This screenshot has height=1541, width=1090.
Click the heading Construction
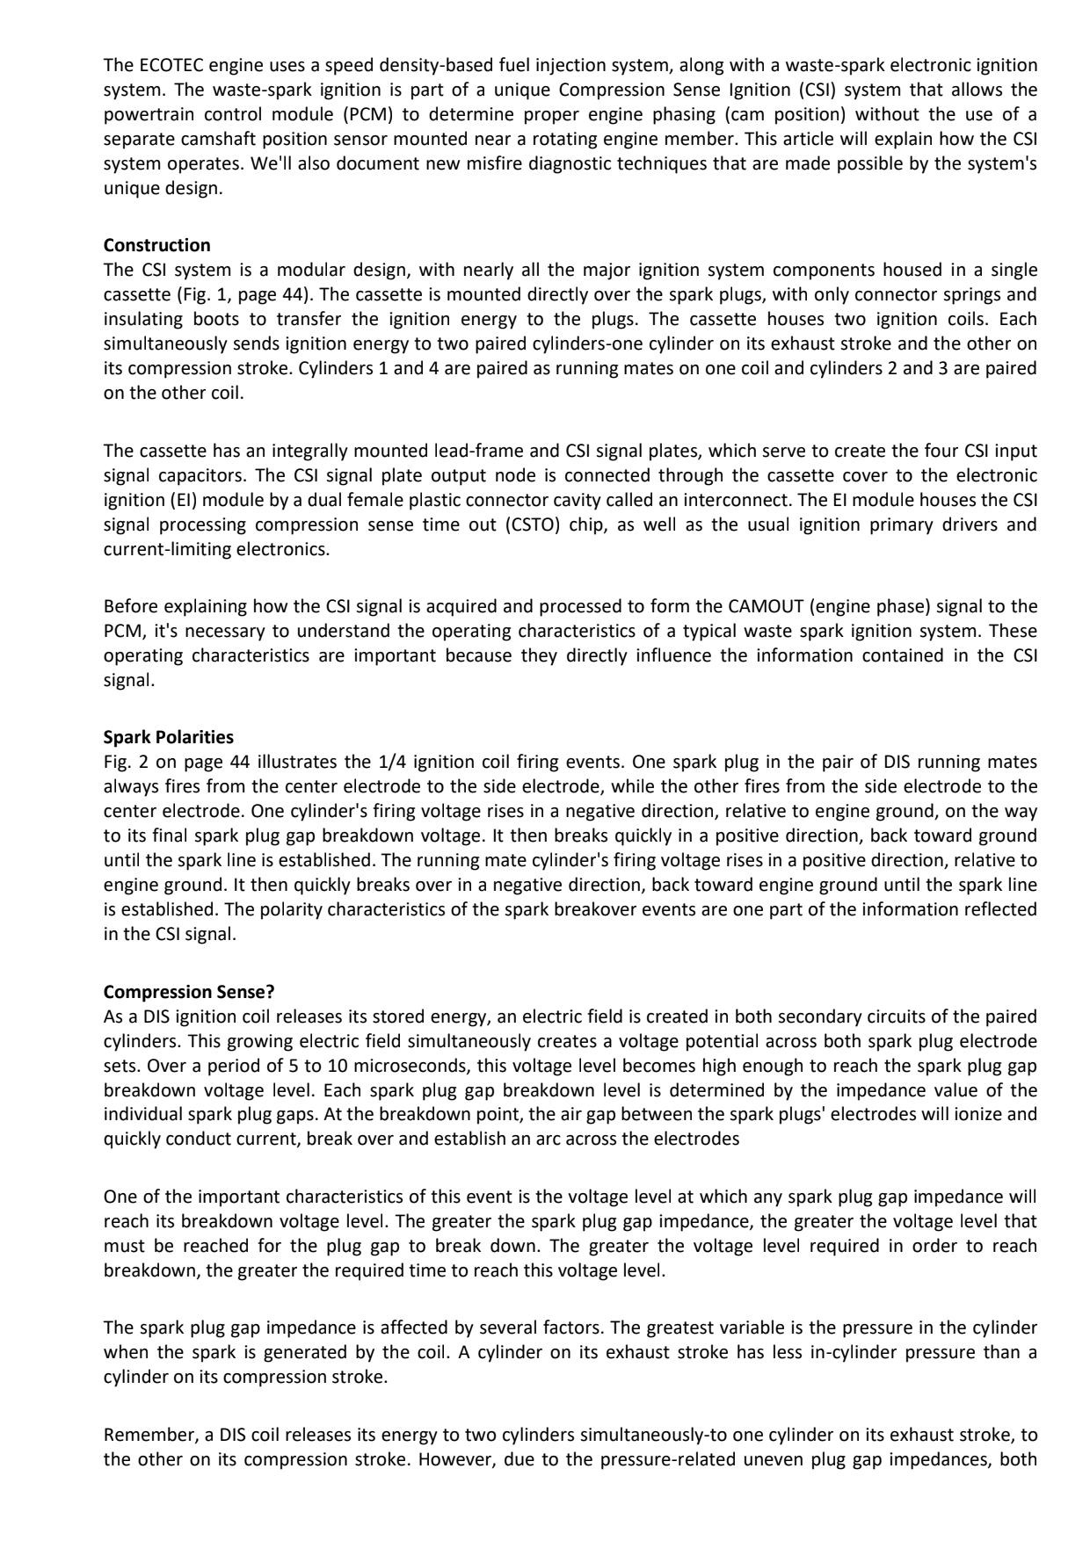(156, 245)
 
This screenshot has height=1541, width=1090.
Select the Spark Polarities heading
(168, 737)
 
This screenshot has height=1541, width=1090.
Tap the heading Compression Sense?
(189, 992)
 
